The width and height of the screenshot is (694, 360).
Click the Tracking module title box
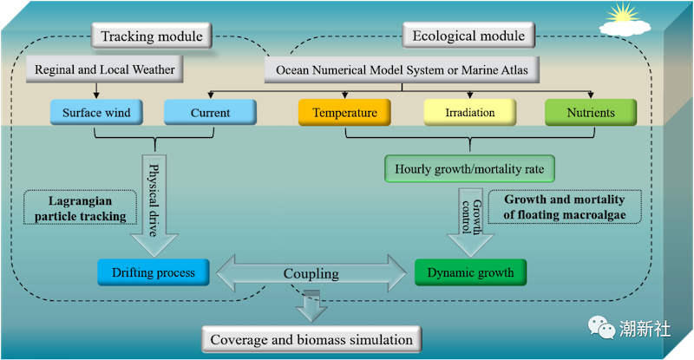[x=151, y=36]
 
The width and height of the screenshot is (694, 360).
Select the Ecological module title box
[x=468, y=36]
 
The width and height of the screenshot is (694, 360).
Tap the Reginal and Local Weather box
[x=104, y=69]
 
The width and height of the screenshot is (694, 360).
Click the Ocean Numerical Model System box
[x=402, y=70]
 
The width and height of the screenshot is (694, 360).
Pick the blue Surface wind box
[x=96, y=113]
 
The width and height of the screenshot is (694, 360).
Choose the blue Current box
[x=210, y=113]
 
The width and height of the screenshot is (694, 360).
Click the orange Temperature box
[x=344, y=113]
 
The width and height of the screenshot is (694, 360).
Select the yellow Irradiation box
[x=470, y=113]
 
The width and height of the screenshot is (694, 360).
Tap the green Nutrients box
[x=591, y=113]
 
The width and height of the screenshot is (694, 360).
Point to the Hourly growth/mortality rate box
[x=469, y=168]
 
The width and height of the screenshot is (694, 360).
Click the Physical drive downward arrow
[x=154, y=206]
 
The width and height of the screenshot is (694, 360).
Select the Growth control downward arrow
[x=470, y=223]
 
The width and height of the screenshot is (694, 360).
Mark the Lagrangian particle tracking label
[x=80, y=208]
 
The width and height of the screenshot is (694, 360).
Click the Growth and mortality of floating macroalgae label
[x=565, y=206]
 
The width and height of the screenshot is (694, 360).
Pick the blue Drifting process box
[x=154, y=272]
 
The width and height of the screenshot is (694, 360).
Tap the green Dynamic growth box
[x=470, y=272]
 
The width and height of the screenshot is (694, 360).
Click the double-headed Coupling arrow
[x=311, y=273]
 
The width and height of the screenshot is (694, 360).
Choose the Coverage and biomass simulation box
[x=311, y=340]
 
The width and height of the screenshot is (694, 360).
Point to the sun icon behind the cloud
[x=623, y=13]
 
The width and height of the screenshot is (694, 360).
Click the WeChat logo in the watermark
[x=601, y=328]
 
